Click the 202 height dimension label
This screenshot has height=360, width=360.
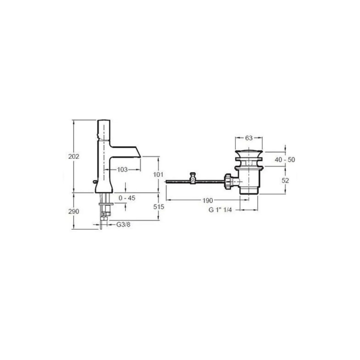tap(73, 156)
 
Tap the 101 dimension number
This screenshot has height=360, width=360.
tap(158, 175)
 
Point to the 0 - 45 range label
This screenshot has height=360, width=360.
tap(127, 198)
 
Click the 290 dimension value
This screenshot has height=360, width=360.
tap(73, 211)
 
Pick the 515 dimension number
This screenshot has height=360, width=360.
tap(158, 207)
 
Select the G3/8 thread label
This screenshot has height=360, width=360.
tap(124, 225)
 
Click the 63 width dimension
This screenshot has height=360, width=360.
tap(249, 138)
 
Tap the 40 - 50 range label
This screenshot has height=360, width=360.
tap(285, 160)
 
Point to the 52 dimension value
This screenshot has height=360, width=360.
tap(285, 181)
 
